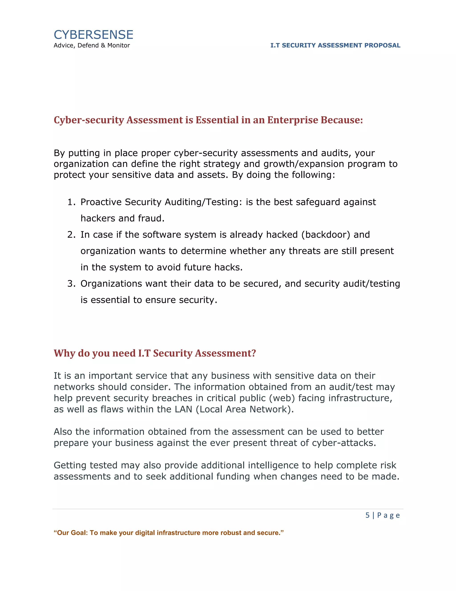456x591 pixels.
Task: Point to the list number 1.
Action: pos(71,202)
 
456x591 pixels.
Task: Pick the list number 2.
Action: pos(71,235)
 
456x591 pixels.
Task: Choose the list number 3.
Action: pos(71,284)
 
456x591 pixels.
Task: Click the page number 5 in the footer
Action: pos(367,515)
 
